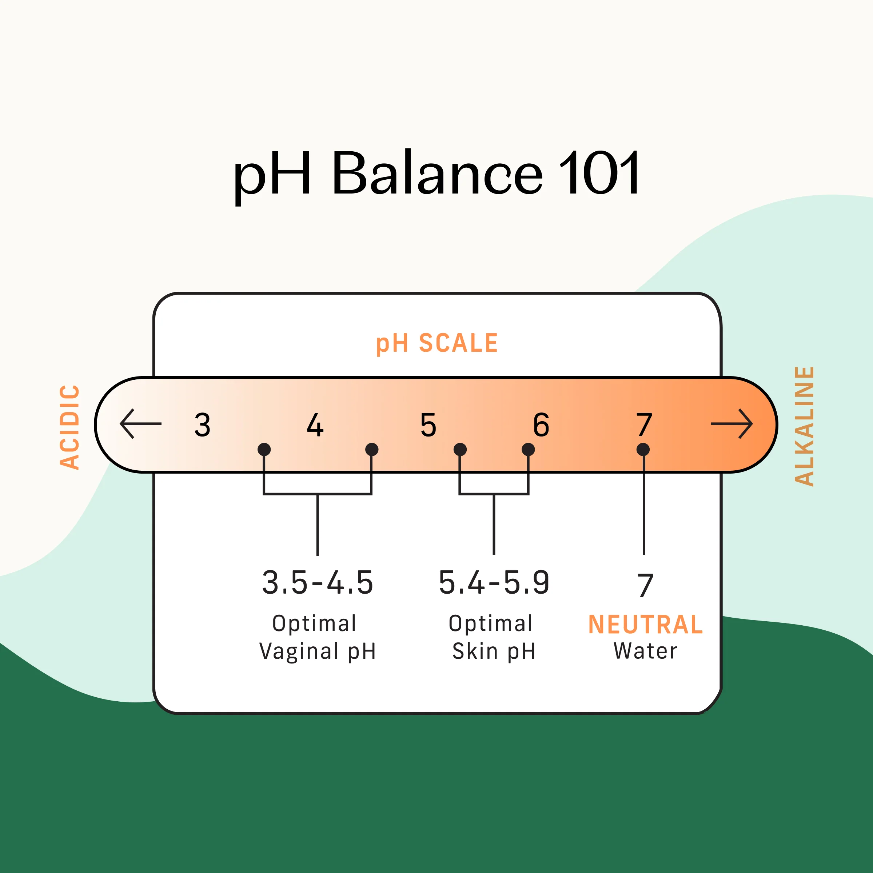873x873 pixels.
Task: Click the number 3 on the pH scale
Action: point(203,425)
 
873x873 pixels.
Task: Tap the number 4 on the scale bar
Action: point(315,425)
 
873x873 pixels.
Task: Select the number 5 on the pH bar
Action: point(428,425)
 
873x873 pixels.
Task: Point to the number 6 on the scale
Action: point(541,425)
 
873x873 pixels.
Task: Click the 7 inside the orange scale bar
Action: point(644,425)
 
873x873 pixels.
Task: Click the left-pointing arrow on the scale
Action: point(140,423)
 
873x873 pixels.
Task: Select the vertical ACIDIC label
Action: point(70,427)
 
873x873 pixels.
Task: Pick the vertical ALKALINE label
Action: point(804,426)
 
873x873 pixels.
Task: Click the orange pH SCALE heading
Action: point(436,343)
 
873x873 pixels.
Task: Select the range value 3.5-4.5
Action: point(318,582)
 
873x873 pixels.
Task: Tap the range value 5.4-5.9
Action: point(494,582)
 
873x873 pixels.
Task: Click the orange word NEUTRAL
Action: point(645,625)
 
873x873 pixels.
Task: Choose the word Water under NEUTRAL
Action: point(645,651)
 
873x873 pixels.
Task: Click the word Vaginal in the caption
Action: point(299,651)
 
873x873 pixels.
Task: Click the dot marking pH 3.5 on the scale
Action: point(264,450)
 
